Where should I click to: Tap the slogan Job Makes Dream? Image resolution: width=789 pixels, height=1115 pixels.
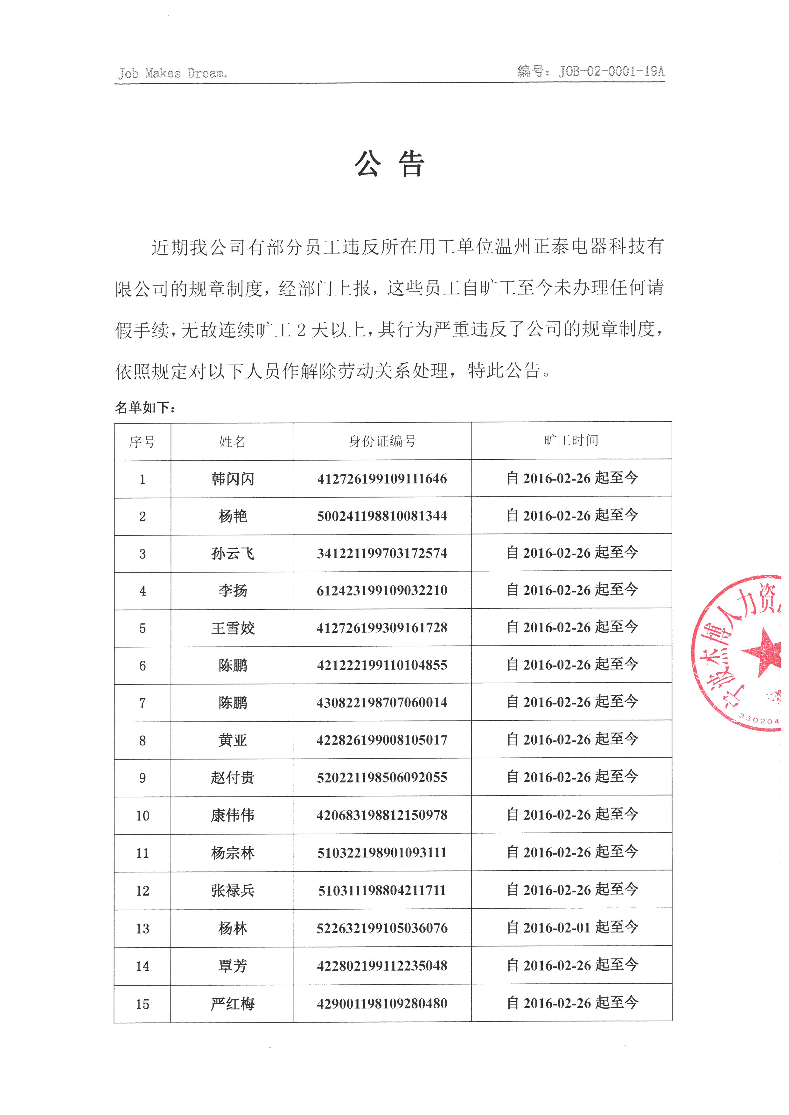coord(172,73)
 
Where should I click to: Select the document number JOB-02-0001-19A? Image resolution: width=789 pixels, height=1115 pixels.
coord(611,72)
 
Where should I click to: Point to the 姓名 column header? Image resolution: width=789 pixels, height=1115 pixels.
coord(232,441)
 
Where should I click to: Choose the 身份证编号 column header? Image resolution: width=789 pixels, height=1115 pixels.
coord(382,441)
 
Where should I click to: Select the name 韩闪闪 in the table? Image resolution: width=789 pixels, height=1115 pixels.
coord(233,479)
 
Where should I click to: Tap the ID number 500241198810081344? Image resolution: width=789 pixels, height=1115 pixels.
coord(382,516)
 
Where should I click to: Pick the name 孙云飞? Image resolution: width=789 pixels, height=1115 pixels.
coord(233,553)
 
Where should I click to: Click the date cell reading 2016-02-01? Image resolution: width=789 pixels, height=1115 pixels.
coord(572,927)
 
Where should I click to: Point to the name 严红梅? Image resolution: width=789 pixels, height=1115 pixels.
coord(233,1003)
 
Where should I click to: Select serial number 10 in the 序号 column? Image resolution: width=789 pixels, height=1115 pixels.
coord(142,816)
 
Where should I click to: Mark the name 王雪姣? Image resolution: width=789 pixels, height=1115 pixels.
coord(233,628)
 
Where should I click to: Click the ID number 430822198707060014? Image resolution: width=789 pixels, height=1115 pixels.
coord(382,702)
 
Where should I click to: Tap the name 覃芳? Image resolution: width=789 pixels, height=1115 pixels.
coord(233,966)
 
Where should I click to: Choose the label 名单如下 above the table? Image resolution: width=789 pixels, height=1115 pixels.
coord(145,407)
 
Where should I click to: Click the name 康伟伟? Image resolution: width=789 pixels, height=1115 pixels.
coord(233,815)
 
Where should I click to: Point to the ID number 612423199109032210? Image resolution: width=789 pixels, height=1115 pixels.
coord(382,590)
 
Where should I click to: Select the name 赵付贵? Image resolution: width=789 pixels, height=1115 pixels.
coord(233,777)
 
